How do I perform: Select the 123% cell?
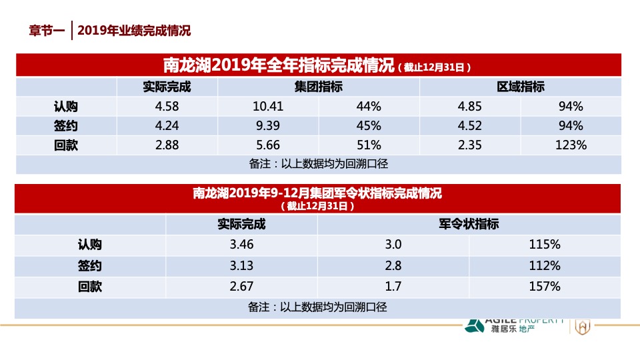point(571,145)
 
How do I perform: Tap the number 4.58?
point(167,107)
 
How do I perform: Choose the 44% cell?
point(368,107)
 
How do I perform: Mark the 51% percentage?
point(368,145)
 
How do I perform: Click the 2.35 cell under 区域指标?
point(469,145)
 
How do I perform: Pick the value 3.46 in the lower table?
point(241,245)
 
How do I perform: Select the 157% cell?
point(544,287)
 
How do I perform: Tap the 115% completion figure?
point(544,245)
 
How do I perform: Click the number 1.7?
point(393,287)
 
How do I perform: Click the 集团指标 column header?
point(319,87)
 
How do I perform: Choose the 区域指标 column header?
point(520,87)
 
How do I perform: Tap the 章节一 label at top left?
point(47,31)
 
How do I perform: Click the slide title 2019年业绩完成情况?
point(134,31)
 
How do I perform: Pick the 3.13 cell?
point(241,266)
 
